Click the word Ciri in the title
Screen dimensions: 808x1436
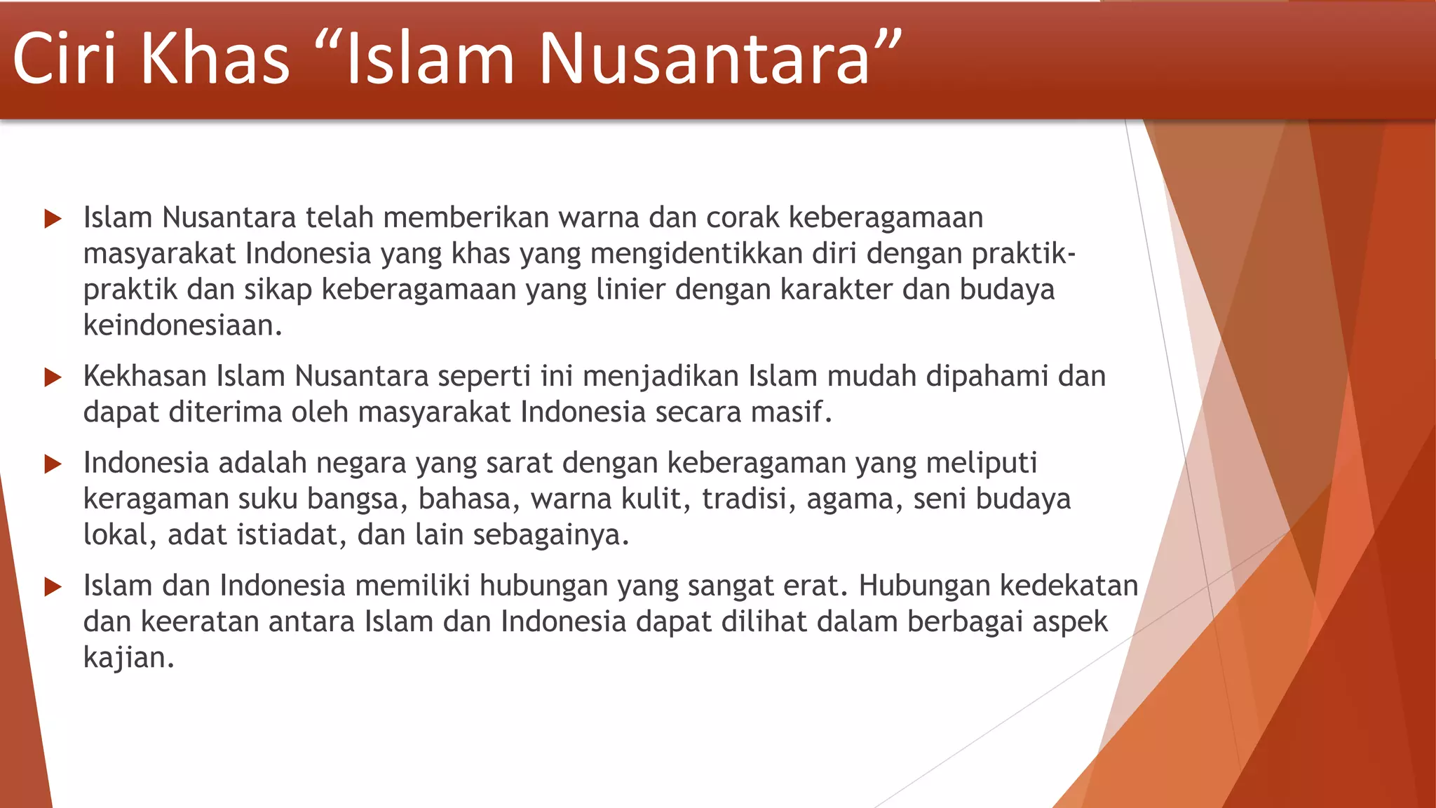coord(64,59)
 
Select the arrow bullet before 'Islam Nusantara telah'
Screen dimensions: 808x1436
coord(53,219)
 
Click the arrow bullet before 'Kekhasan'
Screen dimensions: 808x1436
coord(53,377)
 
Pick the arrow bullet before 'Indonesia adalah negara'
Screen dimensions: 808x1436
coord(53,464)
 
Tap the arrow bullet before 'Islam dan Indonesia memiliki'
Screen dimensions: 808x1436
coord(53,586)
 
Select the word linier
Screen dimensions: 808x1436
coord(630,290)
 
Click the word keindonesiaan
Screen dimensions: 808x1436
coord(182,325)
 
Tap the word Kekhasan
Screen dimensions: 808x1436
coord(144,377)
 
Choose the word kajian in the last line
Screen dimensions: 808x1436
coord(128,659)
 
